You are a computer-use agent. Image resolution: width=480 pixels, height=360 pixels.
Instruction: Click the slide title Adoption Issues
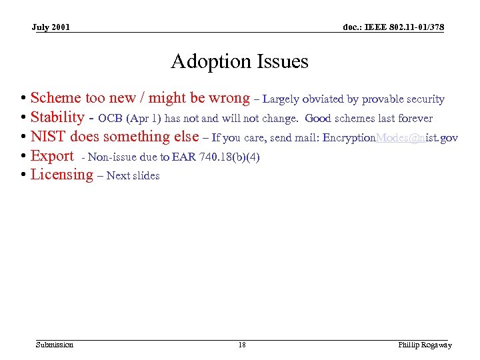pyautogui.click(x=239, y=61)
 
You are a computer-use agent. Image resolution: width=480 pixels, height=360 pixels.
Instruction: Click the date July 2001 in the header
pyautogui.click(x=51, y=27)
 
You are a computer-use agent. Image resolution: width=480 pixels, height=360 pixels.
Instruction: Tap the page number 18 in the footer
pyautogui.click(x=241, y=345)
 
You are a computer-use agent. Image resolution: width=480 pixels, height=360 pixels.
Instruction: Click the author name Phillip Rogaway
pyautogui.click(x=425, y=345)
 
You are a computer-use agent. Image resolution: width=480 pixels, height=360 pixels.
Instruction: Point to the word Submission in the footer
pyautogui.click(x=55, y=345)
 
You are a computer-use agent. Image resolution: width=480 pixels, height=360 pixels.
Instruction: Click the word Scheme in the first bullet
pyautogui.click(x=55, y=99)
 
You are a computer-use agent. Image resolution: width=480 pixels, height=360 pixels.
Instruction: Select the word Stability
pyautogui.click(x=57, y=117)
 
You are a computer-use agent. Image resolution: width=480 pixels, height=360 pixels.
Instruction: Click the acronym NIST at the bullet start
pyautogui.click(x=48, y=137)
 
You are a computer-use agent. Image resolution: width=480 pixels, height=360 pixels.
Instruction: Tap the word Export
pyautogui.click(x=52, y=156)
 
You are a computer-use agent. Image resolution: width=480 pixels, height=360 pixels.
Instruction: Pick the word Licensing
pyautogui.click(x=62, y=175)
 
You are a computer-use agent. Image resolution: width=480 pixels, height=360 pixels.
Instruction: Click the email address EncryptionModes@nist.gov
pyautogui.click(x=390, y=138)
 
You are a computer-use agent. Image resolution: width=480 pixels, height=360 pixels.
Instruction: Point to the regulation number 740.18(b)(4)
pyautogui.click(x=229, y=157)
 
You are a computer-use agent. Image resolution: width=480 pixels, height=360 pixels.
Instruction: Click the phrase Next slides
pyautogui.click(x=133, y=176)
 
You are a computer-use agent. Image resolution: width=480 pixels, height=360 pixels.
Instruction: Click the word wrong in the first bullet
pyautogui.click(x=229, y=99)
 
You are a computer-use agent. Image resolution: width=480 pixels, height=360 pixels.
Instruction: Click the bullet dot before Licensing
pyautogui.click(x=23, y=175)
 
